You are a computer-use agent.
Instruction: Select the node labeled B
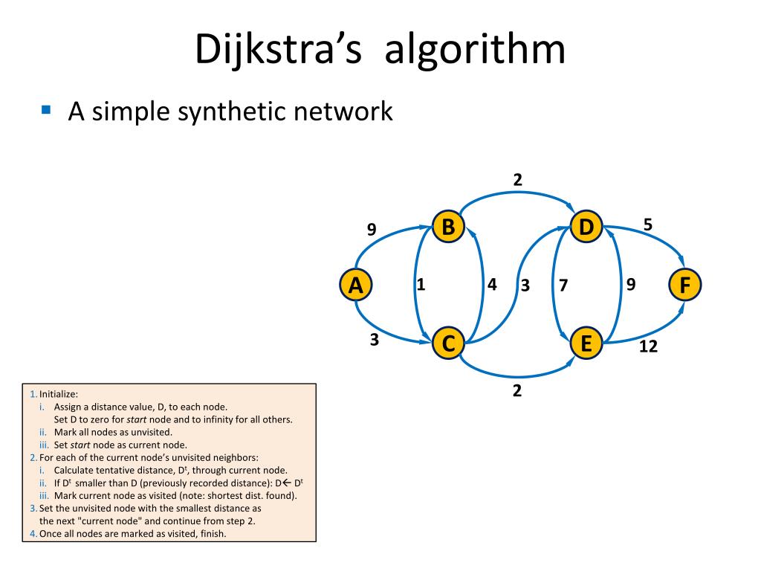(x=448, y=226)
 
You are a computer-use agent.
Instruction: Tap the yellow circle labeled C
(x=448, y=343)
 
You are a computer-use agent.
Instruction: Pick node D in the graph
(x=586, y=226)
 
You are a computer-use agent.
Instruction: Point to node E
(x=586, y=343)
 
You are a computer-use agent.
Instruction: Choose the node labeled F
(x=684, y=285)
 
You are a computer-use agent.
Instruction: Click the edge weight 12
(x=648, y=346)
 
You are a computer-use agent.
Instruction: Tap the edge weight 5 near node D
(x=647, y=223)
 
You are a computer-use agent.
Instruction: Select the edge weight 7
(x=563, y=285)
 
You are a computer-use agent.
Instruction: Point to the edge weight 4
(x=492, y=284)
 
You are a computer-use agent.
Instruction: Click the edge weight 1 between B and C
(x=420, y=283)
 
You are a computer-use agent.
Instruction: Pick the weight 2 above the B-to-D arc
(x=517, y=178)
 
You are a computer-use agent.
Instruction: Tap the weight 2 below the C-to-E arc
(x=517, y=390)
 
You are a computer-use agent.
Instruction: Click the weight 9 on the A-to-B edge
(x=371, y=230)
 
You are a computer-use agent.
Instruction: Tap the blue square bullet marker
(x=47, y=109)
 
